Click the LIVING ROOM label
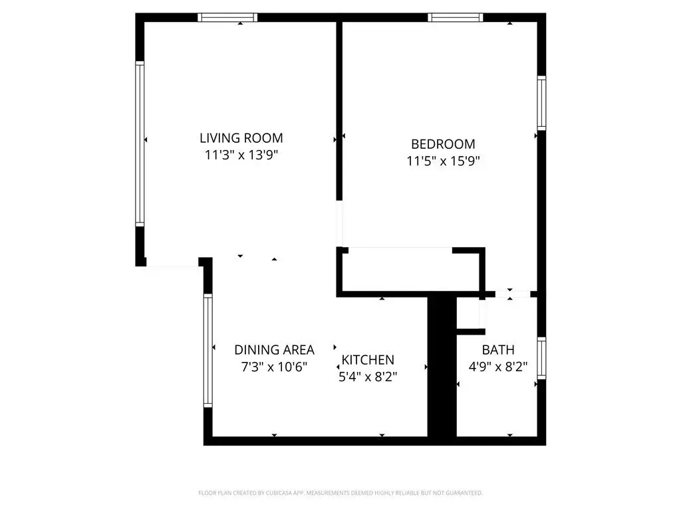click(x=241, y=138)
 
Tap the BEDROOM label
click(x=443, y=143)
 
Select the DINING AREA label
click(x=274, y=349)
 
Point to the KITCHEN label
click(x=368, y=360)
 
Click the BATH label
click(x=498, y=350)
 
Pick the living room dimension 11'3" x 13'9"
click(x=241, y=155)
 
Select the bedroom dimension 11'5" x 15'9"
click(x=443, y=160)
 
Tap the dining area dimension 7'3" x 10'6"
click(x=274, y=366)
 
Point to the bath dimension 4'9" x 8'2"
click(x=498, y=367)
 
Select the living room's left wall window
click(x=140, y=143)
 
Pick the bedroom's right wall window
click(x=541, y=102)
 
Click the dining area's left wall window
click(x=207, y=351)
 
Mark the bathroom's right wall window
click(x=541, y=359)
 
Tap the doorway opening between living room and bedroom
click(x=340, y=223)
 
